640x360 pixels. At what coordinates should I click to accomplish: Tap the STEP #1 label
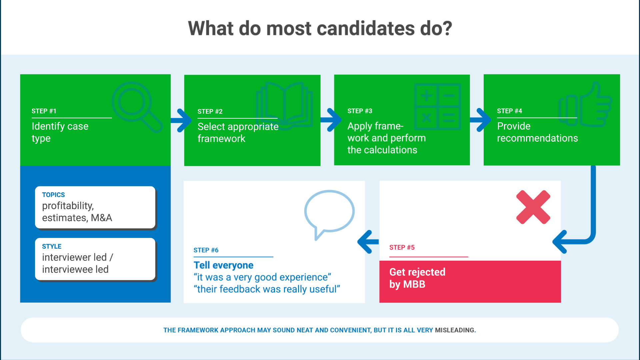click(44, 111)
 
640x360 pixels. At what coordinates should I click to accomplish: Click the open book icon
click(284, 104)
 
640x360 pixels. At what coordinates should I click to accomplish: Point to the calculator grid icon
click(437, 106)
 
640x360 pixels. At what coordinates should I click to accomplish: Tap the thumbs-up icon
click(585, 105)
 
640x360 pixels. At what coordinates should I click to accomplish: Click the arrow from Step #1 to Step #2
click(181, 120)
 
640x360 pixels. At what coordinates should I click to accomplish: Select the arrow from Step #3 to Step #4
click(480, 120)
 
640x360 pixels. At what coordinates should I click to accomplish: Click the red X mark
click(533, 207)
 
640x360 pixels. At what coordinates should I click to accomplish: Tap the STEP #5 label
click(402, 247)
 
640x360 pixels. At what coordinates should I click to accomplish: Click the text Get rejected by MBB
click(417, 278)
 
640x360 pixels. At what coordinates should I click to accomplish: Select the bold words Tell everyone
click(223, 265)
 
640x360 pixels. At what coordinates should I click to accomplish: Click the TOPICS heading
click(53, 195)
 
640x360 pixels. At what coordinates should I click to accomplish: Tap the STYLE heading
click(52, 246)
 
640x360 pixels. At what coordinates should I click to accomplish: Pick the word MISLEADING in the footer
click(455, 330)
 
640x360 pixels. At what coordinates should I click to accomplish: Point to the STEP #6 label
click(206, 250)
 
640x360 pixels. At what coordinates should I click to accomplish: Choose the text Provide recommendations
click(537, 132)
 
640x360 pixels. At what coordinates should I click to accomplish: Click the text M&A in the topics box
click(101, 218)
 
